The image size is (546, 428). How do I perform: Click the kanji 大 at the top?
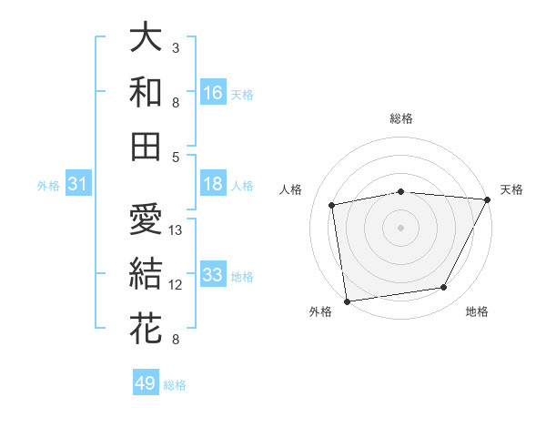[x=146, y=38]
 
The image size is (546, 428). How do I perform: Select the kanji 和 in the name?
[x=146, y=92]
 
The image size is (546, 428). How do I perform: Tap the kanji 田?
[x=146, y=146]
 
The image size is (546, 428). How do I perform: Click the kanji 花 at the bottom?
[x=146, y=328]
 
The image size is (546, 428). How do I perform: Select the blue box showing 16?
[x=213, y=92]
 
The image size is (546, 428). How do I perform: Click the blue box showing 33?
[x=213, y=275]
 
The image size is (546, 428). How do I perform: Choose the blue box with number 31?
[x=78, y=185]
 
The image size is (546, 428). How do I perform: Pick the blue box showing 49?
[x=146, y=383]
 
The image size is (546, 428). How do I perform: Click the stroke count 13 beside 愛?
[x=177, y=230]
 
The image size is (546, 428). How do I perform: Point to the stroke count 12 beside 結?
[x=177, y=285]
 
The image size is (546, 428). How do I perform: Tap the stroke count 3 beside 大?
[x=176, y=47]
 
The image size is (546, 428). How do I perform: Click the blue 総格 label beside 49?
[x=175, y=385]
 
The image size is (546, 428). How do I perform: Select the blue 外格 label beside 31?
[x=48, y=186]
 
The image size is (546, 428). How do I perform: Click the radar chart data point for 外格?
[x=347, y=301]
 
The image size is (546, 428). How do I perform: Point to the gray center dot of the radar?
[x=400, y=227]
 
